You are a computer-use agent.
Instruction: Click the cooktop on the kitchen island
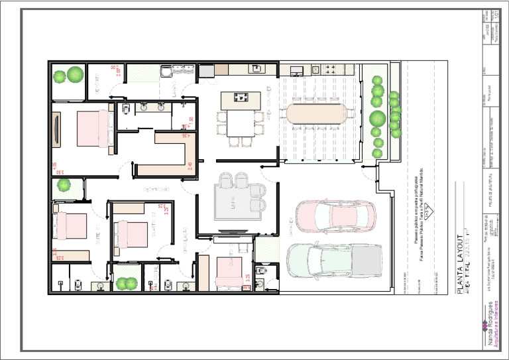pyautogui.click(x=240, y=98)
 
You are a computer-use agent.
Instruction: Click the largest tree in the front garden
pyautogui.click(x=378, y=119)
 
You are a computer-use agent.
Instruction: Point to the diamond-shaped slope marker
pyautogui.click(x=429, y=212)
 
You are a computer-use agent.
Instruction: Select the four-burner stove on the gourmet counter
pyautogui.click(x=329, y=68)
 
